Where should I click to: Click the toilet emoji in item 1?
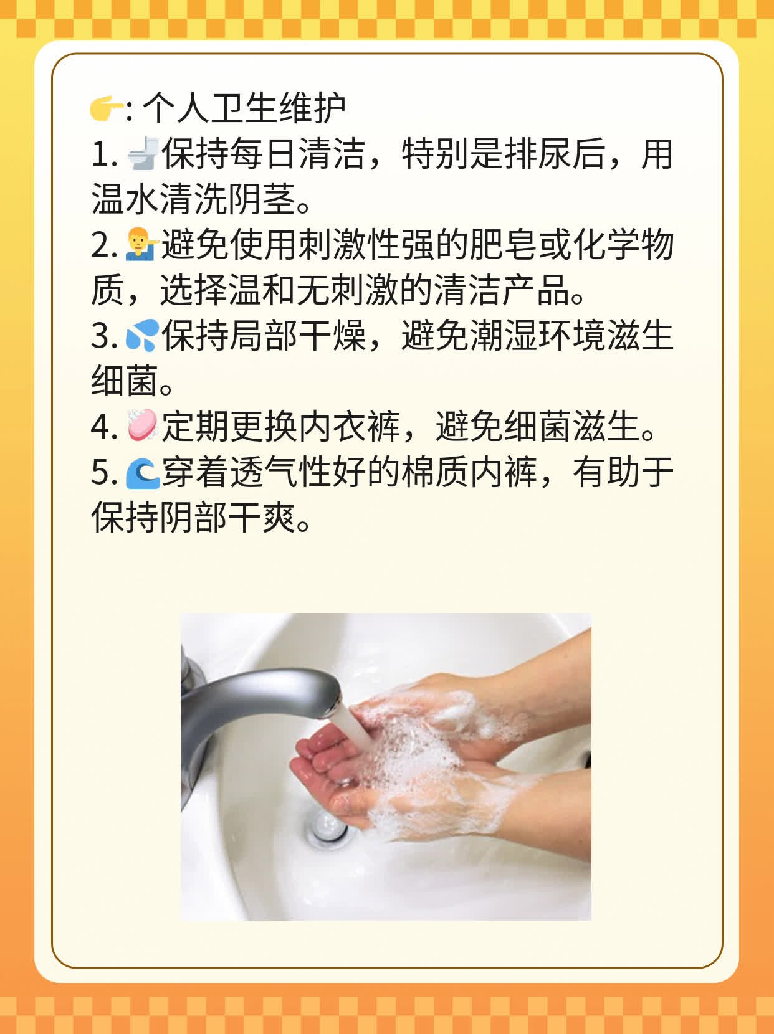point(143,154)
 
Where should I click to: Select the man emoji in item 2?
point(143,245)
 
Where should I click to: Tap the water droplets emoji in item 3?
point(143,336)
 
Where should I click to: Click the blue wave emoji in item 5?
point(143,473)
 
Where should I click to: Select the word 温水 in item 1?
point(125,200)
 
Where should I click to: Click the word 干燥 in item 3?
point(331,336)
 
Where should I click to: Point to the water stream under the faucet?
point(352,729)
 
